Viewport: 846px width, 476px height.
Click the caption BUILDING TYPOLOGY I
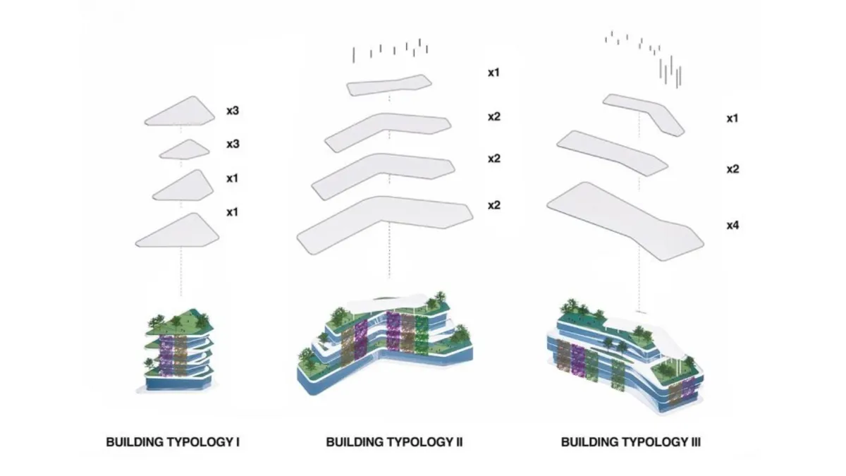click(x=173, y=442)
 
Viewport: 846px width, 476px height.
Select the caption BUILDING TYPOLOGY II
click(x=394, y=442)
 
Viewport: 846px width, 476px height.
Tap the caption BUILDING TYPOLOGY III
click(x=631, y=442)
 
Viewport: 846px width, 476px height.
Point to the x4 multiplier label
click(x=732, y=226)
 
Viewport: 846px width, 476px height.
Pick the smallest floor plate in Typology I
click(x=185, y=149)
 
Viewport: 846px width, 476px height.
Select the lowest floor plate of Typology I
click(x=178, y=231)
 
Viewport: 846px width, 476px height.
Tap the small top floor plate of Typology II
click(x=388, y=85)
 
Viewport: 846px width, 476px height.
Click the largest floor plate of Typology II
click(x=385, y=223)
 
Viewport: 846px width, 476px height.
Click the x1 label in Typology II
click(x=493, y=72)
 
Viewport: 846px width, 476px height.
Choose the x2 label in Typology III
click(x=732, y=169)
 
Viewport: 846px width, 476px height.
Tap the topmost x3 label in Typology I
click(x=233, y=111)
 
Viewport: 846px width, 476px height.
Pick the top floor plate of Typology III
click(x=644, y=112)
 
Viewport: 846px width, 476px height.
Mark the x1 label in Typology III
click(x=732, y=118)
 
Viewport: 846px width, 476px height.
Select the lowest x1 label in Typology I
click(x=233, y=212)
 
